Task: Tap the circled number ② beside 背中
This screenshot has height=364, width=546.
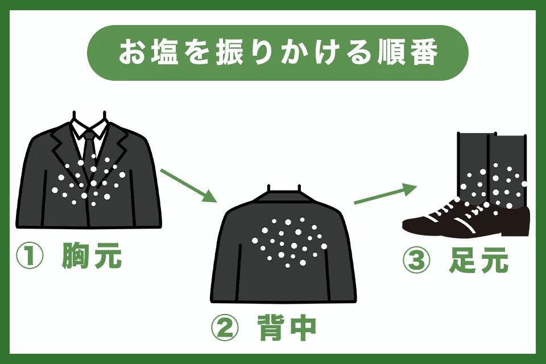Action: point(225,328)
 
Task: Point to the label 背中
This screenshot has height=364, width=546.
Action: point(287,328)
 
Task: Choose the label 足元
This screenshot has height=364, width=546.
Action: point(479,260)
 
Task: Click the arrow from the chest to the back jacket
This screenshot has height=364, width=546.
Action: point(188,185)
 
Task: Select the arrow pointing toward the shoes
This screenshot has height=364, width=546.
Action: point(386,194)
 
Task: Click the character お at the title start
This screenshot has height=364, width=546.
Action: point(133,53)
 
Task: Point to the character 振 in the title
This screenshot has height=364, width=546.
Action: point(229,53)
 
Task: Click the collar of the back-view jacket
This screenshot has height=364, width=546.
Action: point(284,196)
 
